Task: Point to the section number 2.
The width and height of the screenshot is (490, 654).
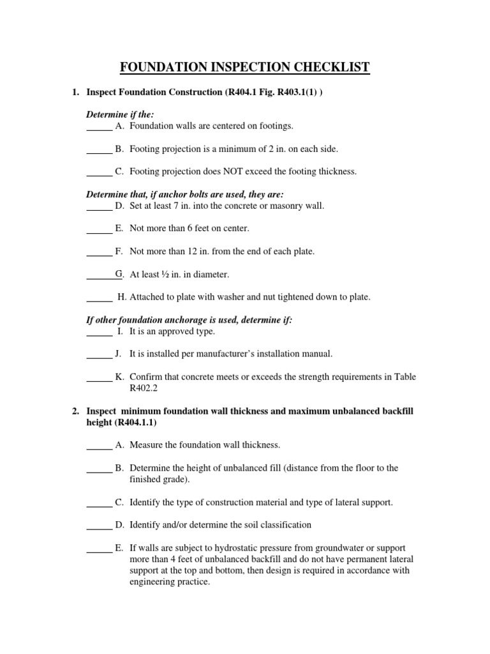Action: tap(76, 411)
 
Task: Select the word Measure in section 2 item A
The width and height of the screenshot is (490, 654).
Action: tap(147, 445)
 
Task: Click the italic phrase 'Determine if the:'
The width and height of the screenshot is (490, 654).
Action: tap(120, 114)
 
